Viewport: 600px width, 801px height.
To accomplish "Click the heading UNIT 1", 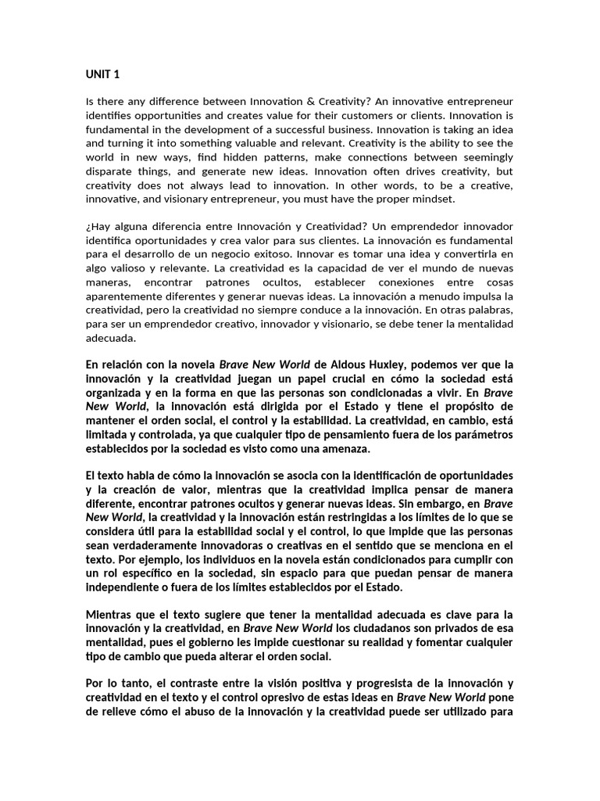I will pos(103,75).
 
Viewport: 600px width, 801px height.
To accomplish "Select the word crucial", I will pos(304,379).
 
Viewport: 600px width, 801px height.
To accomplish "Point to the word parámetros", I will pos(482,435).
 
